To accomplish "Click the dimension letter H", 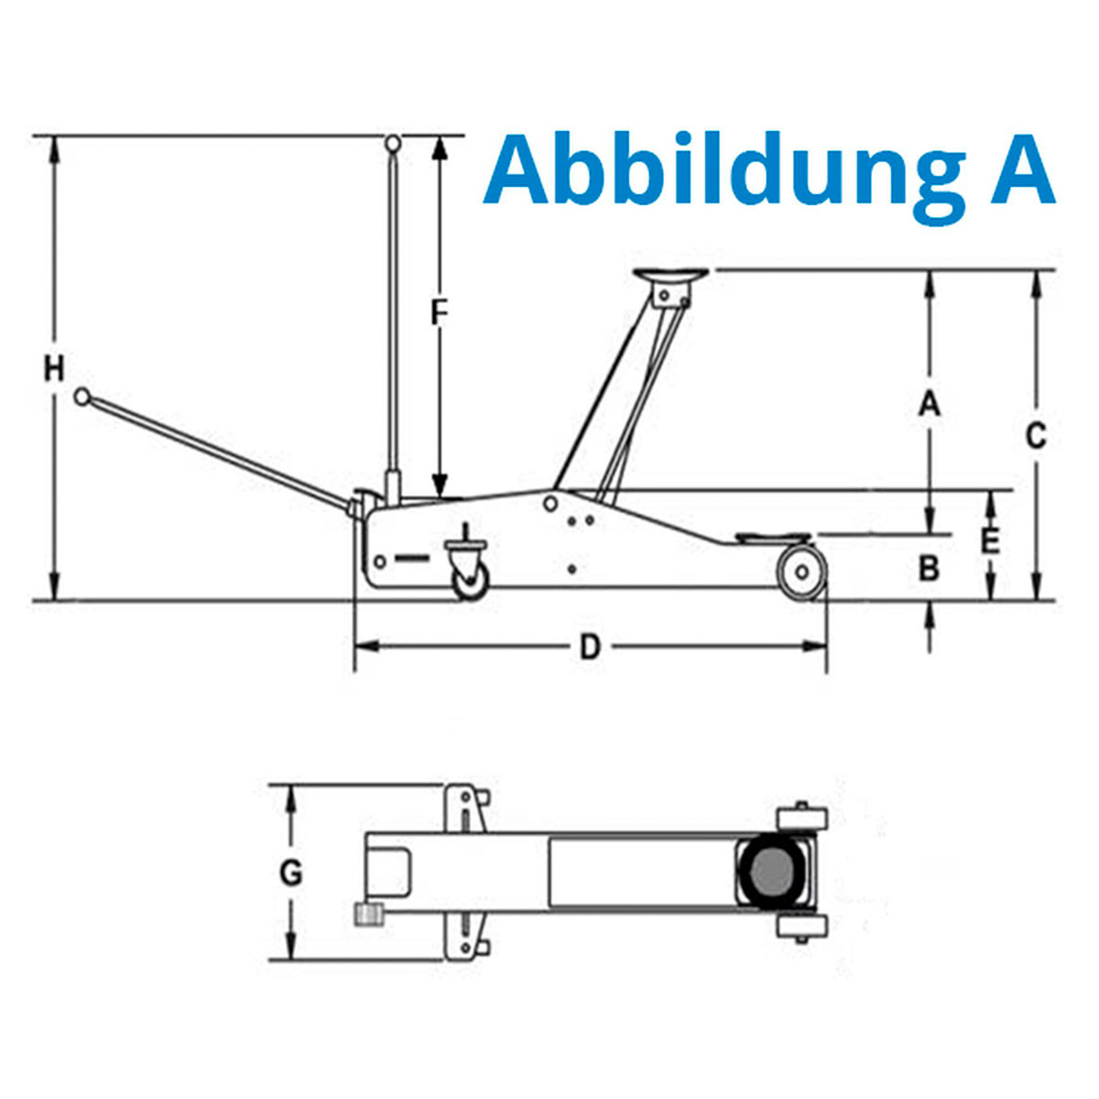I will point(55,369).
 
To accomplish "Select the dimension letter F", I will point(440,313).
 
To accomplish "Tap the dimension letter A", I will point(930,403).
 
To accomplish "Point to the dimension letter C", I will point(1035,436).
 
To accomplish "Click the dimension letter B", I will point(929,569).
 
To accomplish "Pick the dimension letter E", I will point(990,541).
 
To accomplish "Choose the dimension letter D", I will point(590,647).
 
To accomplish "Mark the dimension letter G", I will point(290,873).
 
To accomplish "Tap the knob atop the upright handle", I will point(394,143).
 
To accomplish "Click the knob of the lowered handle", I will point(82,397).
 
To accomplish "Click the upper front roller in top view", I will point(802,817).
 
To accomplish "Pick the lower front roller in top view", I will point(802,926).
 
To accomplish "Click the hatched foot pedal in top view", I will point(368,914).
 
